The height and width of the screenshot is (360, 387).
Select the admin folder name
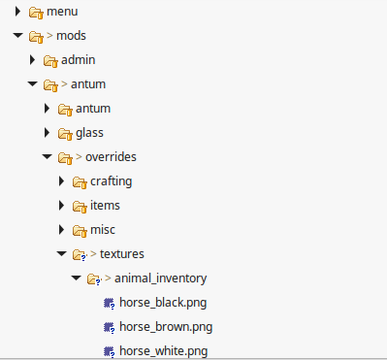78,60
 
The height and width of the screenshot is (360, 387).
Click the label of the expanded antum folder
88,84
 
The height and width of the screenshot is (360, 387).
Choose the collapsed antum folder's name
93,108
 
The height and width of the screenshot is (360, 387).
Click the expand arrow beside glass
48,132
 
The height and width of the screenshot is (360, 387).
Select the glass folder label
89,132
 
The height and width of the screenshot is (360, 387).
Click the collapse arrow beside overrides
47,156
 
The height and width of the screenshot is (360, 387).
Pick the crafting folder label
111,180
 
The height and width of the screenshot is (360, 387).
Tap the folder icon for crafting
80,181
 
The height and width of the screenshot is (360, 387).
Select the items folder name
106,205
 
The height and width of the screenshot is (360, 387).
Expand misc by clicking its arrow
62,229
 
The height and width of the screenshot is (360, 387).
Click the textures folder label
122,253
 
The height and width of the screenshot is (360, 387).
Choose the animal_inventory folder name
160,278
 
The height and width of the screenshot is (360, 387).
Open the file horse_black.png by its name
163,302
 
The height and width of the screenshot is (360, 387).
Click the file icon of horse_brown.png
109,326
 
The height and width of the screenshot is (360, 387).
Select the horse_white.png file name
163,349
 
